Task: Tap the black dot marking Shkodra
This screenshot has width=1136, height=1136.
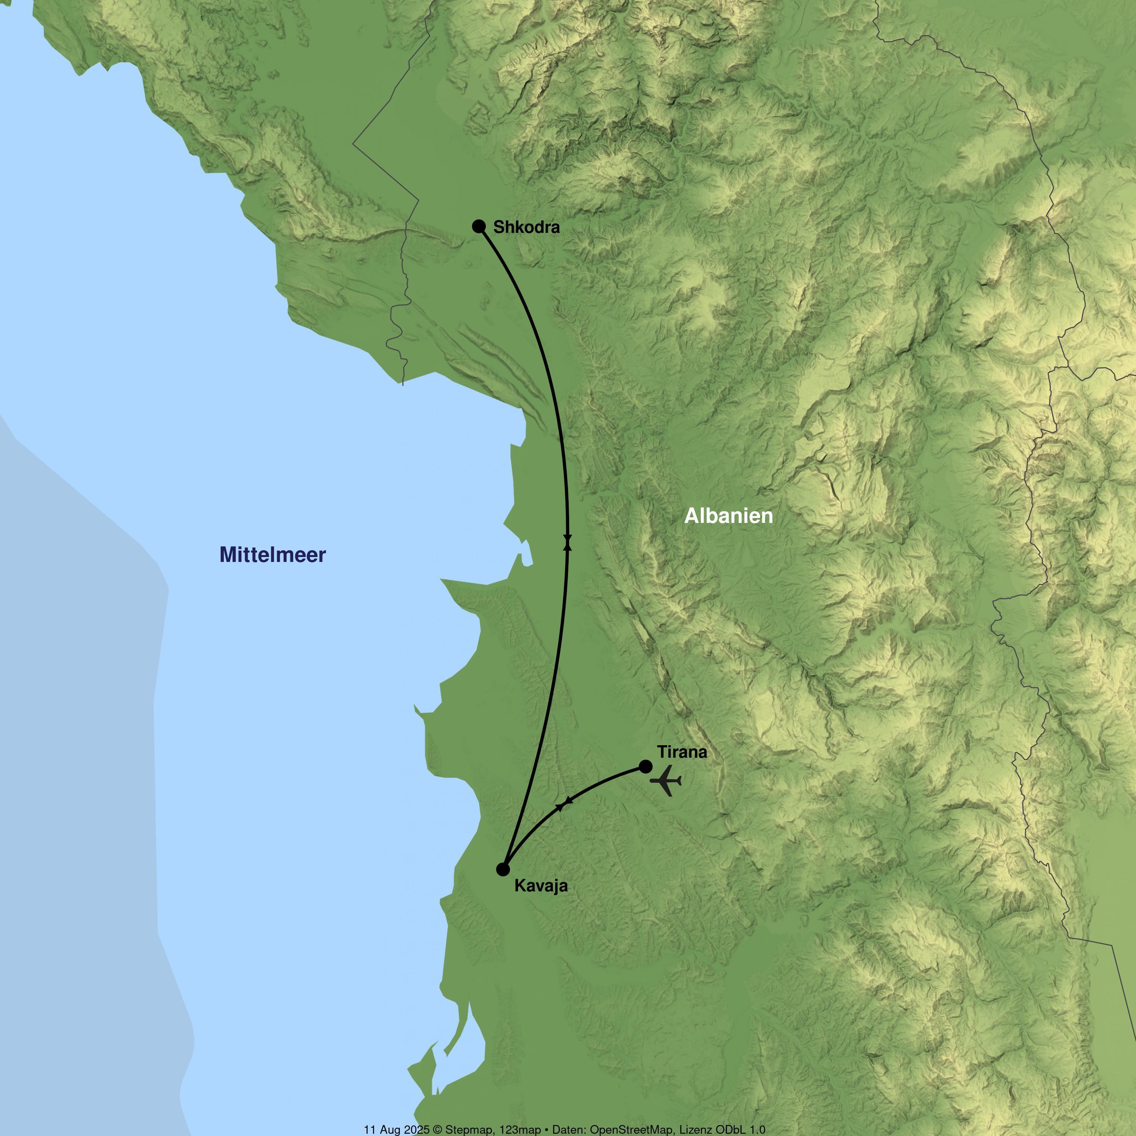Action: [479, 226]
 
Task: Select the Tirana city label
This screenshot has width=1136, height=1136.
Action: [682, 752]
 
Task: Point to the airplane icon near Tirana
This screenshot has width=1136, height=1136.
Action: [666, 781]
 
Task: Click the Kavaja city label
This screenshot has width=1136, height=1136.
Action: [541, 886]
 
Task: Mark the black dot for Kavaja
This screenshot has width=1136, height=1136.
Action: [503, 869]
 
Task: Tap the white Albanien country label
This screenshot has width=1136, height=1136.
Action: [729, 516]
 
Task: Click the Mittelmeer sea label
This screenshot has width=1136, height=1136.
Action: [272, 554]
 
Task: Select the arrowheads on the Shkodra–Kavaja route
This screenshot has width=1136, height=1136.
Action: [567, 542]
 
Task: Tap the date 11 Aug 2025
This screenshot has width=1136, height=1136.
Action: [397, 1130]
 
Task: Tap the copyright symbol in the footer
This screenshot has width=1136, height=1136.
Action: [437, 1130]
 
